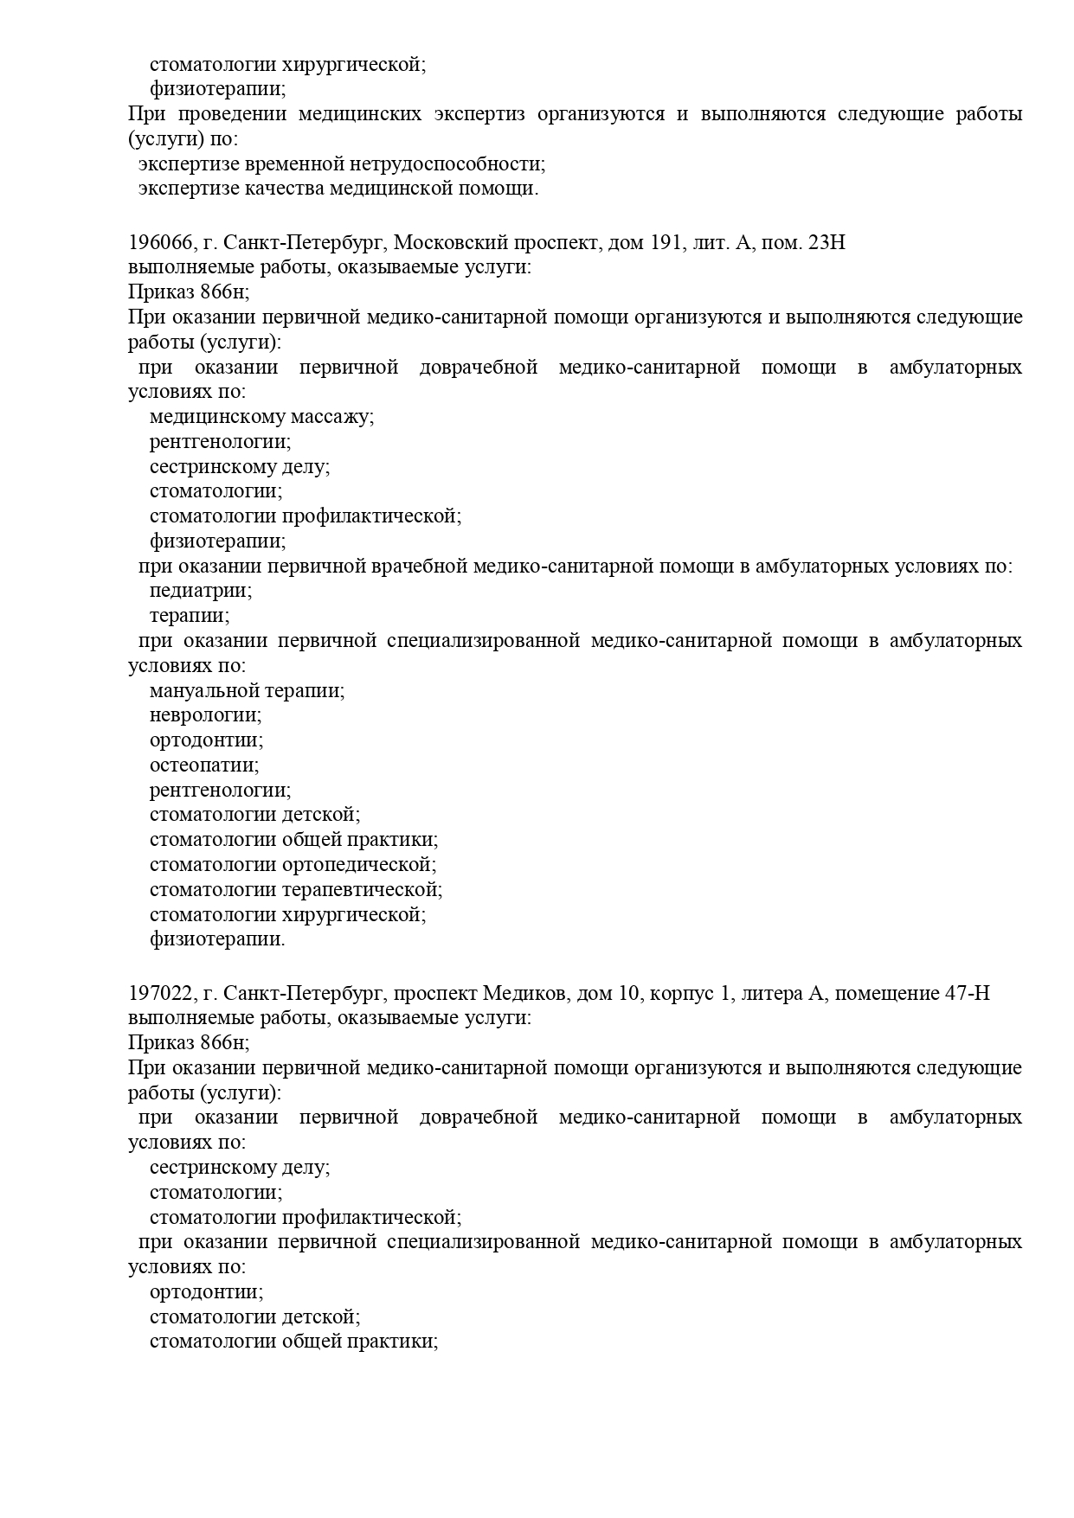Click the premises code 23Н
click(x=826, y=243)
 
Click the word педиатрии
click(x=200, y=591)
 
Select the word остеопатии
click(x=204, y=765)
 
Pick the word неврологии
click(x=205, y=715)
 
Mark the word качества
click(x=284, y=189)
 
